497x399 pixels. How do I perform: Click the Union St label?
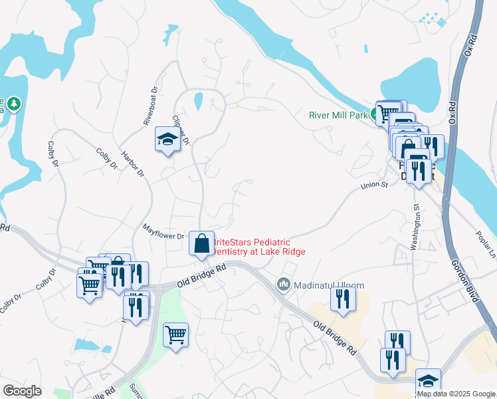pyautogui.click(x=374, y=186)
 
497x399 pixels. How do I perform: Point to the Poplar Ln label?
pyautogui.click(x=486, y=246)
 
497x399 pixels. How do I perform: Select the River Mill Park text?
pyautogui.click(x=338, y=114)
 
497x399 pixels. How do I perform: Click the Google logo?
pyautogui.click(x=22, y=391)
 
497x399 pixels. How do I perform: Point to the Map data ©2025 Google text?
pyautogui.click(x=456, y=394)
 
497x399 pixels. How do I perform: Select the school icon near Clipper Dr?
pyautogui.click(x=167, y=140)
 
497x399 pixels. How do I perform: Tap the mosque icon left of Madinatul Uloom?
pyautogui.click(x=284, y=285)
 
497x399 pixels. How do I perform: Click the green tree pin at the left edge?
pyautogui.click(x=14, y=104)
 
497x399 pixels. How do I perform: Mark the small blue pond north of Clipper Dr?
pyautogui.click(x=198, y=101)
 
